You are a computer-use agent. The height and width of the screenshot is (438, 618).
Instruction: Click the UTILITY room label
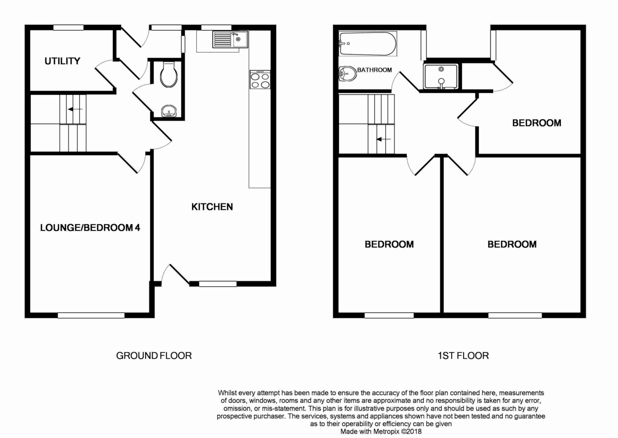[62, 61]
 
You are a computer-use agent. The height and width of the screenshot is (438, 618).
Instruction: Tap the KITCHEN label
[212, 207]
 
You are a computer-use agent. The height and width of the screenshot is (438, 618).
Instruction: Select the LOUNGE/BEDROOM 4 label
[90, 227]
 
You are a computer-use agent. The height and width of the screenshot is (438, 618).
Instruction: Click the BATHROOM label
[374, 70]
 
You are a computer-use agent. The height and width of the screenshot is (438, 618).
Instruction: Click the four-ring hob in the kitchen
[260, 80]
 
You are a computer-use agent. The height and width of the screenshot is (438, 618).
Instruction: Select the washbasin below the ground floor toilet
[168, 111]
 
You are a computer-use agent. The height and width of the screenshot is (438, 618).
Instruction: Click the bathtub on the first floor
[368, 44]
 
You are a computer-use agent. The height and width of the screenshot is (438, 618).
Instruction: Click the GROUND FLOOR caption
[154, 356]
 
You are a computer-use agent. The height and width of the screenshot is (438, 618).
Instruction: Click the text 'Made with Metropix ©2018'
[381, 432]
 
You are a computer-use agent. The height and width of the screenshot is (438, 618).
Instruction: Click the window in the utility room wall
[68, 27]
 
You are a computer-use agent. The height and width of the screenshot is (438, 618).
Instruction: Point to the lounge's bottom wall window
[91, 315]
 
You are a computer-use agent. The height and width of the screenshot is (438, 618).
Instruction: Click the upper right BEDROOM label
[536, 123]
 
